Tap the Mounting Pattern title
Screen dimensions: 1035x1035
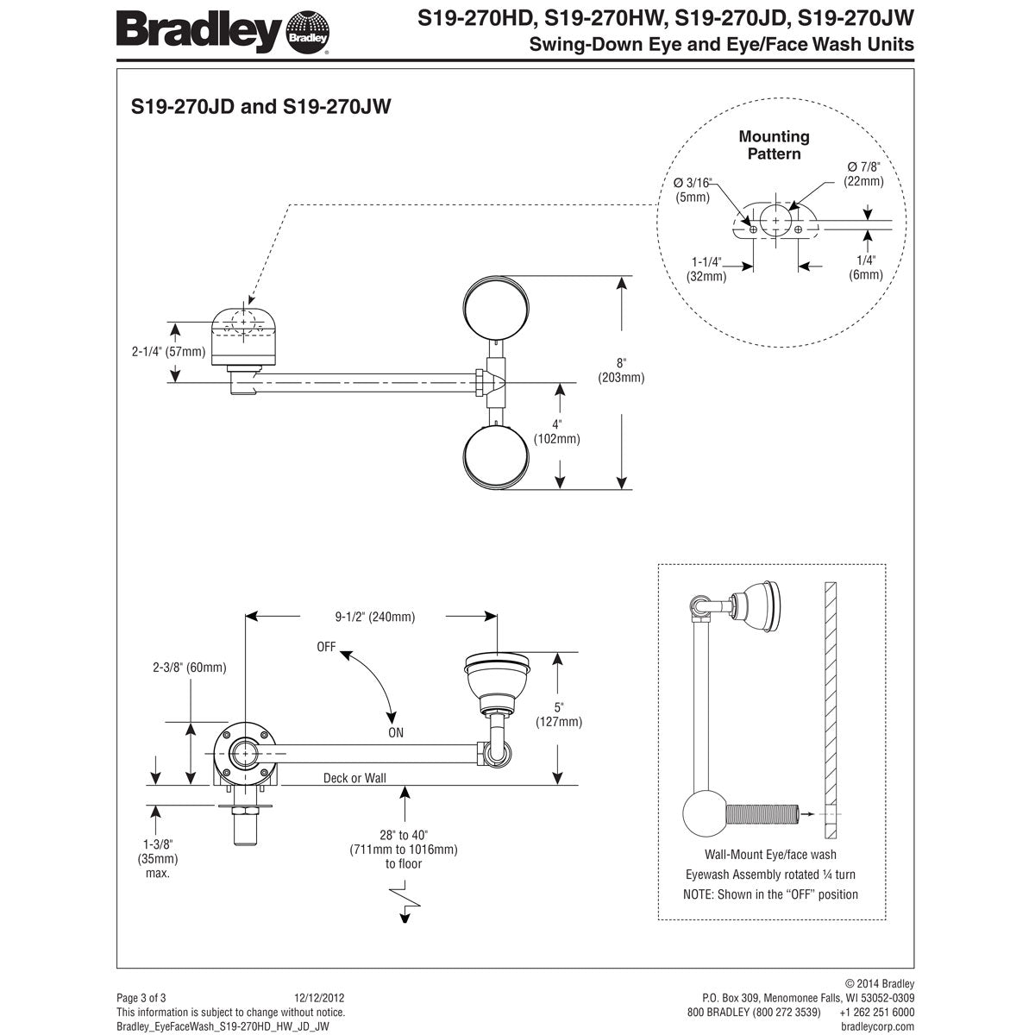point(774,145)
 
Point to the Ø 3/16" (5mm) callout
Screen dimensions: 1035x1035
point(693,189)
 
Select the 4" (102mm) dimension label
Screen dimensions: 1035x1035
point(557,431)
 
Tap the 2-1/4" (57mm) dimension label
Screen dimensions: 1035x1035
point(168,351)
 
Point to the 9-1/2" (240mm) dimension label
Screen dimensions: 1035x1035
point(374,617)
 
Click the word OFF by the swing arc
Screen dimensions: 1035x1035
point(326,646)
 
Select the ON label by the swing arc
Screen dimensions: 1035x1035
point(396,733)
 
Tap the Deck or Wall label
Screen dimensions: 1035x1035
point(354,778)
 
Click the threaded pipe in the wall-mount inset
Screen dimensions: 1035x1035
point(762,813)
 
